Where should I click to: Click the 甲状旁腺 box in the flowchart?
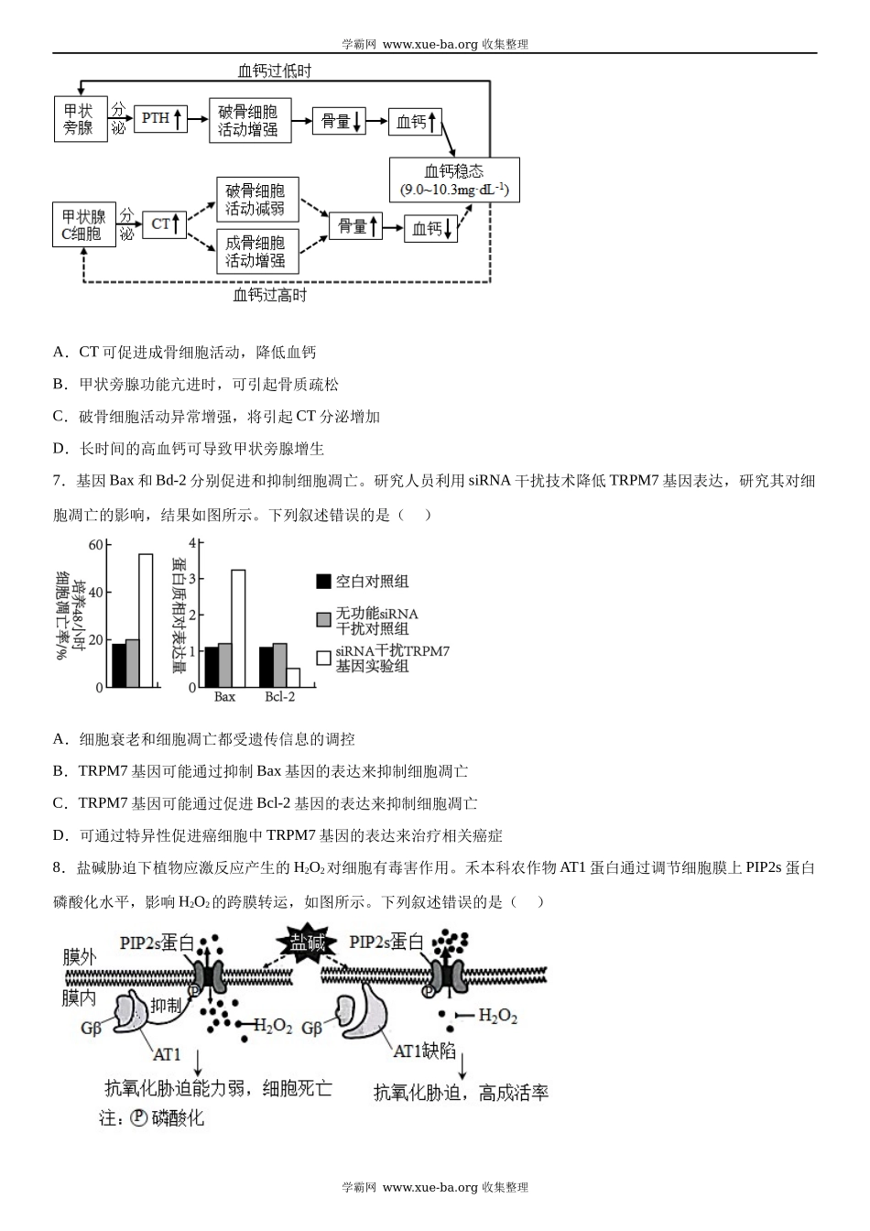point(79,119)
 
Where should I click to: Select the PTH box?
point(161,118)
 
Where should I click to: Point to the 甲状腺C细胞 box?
point(83,225)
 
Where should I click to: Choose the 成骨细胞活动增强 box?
point(256,252)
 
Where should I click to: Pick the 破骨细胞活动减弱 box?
point(256,200)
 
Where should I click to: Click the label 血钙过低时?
point(275,71)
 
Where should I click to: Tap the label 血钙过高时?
point(270,295)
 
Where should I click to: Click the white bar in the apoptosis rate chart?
point(146,620)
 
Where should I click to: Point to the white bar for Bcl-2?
point(293,677)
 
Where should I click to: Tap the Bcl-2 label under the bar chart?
point(280,697)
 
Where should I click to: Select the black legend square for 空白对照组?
point(323,582)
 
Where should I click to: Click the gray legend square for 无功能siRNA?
point(323,620)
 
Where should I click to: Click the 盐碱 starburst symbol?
point(309,944)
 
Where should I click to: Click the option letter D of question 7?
point(60,835)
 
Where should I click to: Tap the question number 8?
point(58,867)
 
